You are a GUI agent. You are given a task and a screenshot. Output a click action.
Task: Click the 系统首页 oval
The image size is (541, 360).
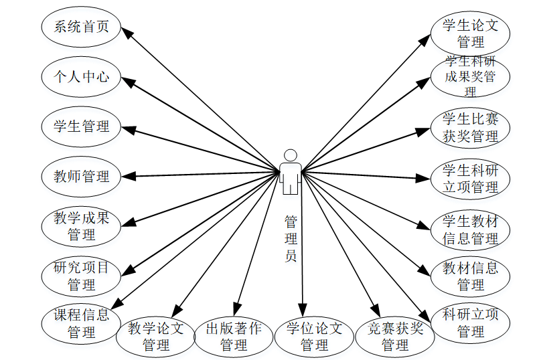81,27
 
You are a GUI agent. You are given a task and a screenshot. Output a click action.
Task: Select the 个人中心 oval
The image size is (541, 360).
81,76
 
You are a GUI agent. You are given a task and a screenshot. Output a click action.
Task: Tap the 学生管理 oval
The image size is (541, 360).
81,126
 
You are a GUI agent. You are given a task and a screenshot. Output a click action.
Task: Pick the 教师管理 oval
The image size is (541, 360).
81,177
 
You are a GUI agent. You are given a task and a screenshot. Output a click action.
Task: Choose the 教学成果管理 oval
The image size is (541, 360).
81,226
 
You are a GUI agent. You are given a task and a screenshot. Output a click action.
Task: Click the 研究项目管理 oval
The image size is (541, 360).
81,276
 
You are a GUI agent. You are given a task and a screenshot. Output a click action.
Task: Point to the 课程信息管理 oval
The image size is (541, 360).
81,323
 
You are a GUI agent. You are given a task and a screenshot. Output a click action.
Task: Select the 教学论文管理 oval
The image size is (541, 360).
156,337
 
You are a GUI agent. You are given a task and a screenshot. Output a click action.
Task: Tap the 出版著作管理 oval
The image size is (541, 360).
234,337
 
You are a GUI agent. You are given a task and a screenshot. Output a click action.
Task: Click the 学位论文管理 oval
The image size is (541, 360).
314,337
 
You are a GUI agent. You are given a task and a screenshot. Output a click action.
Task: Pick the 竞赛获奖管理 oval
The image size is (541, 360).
395,337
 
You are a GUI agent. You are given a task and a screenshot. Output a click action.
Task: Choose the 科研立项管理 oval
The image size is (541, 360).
471,323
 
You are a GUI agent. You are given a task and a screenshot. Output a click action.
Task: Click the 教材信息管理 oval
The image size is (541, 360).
471,276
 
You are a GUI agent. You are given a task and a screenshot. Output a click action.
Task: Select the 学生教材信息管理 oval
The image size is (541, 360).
471,230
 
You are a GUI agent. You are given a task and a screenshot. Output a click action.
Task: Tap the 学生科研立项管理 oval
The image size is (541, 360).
471,179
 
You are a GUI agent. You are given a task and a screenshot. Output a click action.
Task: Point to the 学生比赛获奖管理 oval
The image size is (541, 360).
471,127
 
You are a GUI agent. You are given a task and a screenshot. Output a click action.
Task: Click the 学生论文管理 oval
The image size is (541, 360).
471,33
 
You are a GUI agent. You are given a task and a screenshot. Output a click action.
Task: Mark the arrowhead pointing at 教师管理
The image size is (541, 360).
130,177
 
